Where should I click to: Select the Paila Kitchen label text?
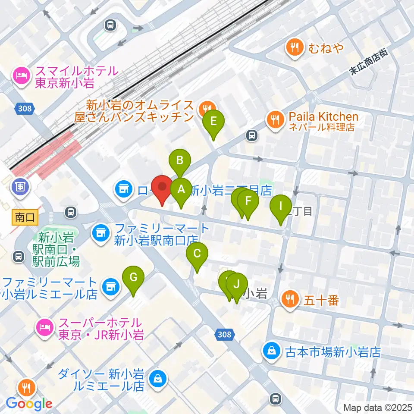[323, 117]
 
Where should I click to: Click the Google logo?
[29, 404]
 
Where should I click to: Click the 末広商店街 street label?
[369, 63]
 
